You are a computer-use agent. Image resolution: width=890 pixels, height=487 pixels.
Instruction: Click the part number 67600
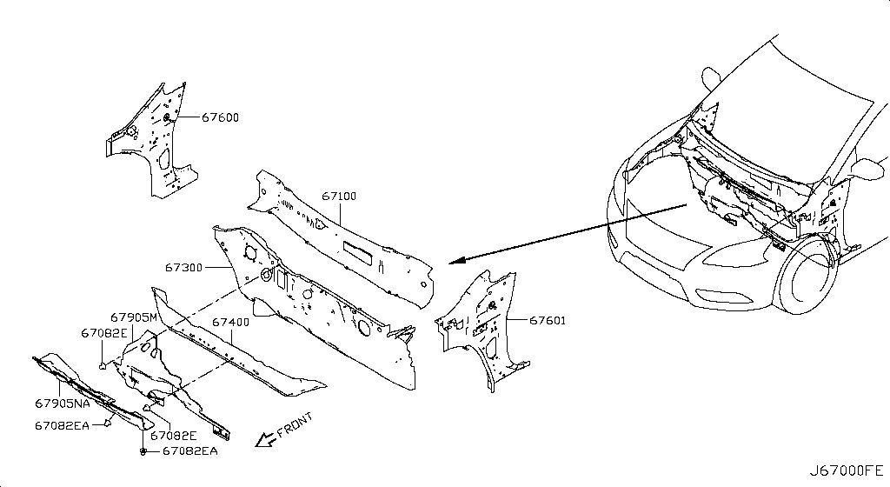pyautogui.click(x=220, y=117)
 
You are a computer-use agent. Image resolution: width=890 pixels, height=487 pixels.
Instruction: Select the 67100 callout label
pyautogui.click(x=339, y=196)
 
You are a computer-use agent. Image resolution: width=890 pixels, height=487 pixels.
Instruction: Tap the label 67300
pyautogui.click(x=183, y=267)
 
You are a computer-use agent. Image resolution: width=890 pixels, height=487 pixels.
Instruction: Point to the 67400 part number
pyautogui.click(x=230, y=322)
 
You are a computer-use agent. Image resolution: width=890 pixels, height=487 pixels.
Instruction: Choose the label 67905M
pyautogui.click(x=133, y=317)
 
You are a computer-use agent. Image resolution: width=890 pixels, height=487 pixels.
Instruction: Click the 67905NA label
pyautogui.click(x=62, y=403)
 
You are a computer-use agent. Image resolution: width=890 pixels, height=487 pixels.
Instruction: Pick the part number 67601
pyautogui.click(x=548, y=320)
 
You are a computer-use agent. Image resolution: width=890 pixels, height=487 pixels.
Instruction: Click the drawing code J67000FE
pyautogui.click(x=846, y=470)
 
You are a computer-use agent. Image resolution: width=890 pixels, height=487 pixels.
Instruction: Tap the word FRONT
pyautogui.click(x=295, y=425)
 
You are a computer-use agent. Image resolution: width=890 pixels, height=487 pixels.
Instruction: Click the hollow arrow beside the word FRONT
pyautogui.click(x=264, y=439)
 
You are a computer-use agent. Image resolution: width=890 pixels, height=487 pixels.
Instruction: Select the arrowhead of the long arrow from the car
pyautogui.click(x=456, y=261)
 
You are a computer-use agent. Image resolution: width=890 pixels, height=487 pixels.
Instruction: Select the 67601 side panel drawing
pyautogui.click(x=482, y=330)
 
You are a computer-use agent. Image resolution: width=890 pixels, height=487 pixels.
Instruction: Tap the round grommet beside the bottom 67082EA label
pyautogui.click(x=143, y=451)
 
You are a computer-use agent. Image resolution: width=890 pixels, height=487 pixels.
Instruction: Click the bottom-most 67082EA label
pyautogui.click(x=189, y=451)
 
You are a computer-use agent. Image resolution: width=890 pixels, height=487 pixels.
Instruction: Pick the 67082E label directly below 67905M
pyautogui.click(x=104, y=332)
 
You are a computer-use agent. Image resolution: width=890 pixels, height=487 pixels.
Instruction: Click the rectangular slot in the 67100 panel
pyautogui.click(x=358, y=251)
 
